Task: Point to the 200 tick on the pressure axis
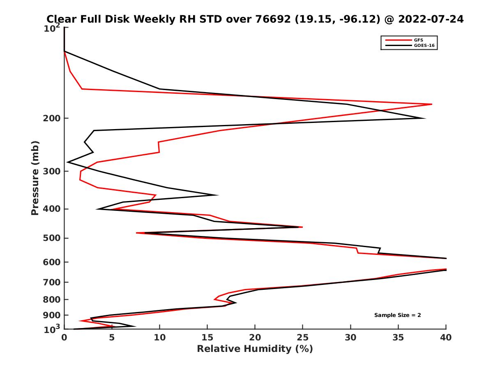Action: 52,118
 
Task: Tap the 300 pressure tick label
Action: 52,171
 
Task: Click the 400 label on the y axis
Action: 52,209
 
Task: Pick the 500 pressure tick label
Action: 52,238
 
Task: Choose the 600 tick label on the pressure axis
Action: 52,262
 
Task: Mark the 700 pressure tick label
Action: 52,282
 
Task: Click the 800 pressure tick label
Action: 52,299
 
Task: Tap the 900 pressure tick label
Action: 52,315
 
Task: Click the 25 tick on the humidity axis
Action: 303,338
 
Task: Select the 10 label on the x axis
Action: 159,338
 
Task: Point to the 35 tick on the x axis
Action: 398,338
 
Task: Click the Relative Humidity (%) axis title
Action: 255,349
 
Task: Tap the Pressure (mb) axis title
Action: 35,178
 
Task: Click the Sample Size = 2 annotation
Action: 397,315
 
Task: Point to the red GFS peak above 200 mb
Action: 431,104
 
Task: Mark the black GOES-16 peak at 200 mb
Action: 425,118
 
